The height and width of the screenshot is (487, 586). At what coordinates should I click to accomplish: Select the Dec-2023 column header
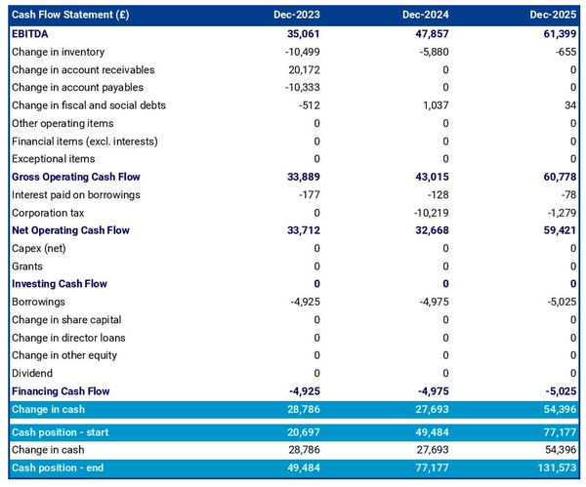click(298, 15)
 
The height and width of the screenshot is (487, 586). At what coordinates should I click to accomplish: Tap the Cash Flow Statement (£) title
click(69, 15)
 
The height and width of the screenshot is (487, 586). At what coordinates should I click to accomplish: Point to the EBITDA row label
click(31, 33)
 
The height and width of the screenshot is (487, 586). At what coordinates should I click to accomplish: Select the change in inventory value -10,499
click(300, 52)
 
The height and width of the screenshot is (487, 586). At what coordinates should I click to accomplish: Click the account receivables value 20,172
click(302, 69)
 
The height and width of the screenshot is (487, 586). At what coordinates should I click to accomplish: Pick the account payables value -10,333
click(300, 88)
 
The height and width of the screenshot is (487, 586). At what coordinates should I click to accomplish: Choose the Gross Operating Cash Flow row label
click(75, 177)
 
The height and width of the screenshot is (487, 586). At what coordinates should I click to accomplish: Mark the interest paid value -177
click(308, 194)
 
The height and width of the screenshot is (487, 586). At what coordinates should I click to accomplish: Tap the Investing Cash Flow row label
click(60, 284)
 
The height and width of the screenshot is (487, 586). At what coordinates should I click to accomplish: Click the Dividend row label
click(33, 373)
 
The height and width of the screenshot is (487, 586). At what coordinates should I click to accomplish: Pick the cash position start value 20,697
click(302, 432)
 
